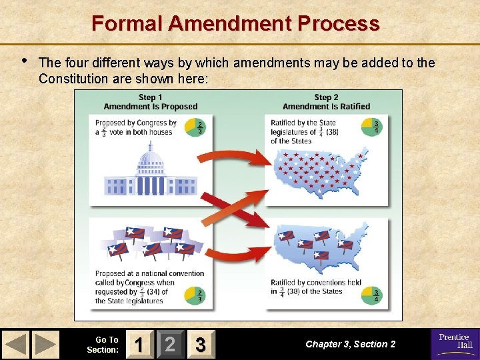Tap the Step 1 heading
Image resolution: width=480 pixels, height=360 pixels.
click(151, 102)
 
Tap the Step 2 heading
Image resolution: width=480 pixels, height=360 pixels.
click(326, 102)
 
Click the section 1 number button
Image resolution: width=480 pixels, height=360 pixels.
click(138, 344)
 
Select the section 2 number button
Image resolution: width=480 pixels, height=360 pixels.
click(170, 344)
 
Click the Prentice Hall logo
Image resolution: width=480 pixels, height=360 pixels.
click(455, 341)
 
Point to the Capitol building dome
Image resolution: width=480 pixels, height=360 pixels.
click(151, 160)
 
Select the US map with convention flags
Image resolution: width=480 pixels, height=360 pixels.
click(318, 247)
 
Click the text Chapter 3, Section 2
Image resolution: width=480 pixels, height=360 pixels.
click(350, 344)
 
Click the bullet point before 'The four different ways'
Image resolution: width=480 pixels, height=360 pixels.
click(24, 61)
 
